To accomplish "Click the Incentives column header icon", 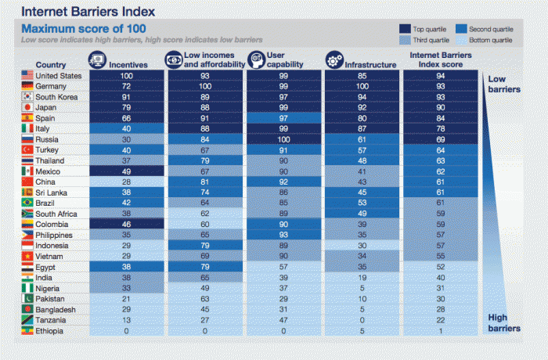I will coord(98,59).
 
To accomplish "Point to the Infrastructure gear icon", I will coord(334,59).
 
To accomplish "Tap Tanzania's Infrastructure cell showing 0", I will coord(360,320).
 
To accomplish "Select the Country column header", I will coord(50,65).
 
